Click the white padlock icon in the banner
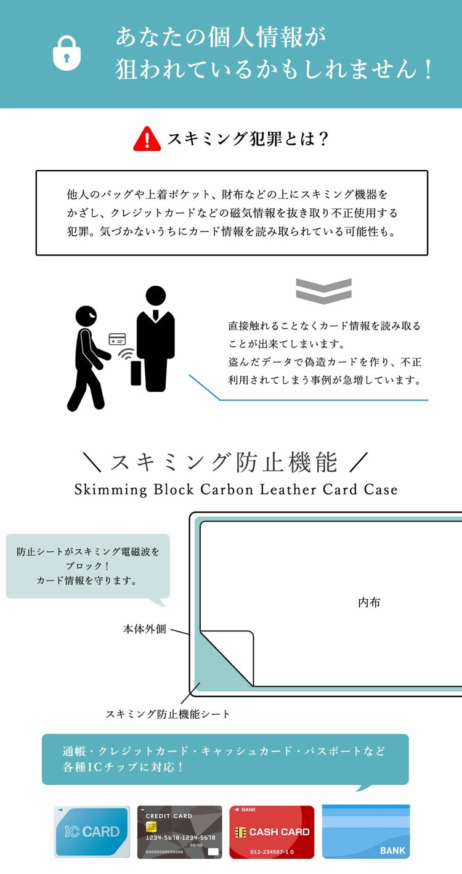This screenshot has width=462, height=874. (67, 53)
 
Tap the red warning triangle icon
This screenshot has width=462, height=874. (147, 139)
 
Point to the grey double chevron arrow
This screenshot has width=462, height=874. (323, 290)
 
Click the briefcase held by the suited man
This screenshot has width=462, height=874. (136, 372)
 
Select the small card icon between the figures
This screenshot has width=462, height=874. (117, 339)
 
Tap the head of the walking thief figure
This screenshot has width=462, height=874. (86, 317)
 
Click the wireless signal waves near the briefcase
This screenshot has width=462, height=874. (127, 355)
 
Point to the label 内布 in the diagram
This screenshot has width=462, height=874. (369, 602)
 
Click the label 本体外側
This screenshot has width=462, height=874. (145, 629)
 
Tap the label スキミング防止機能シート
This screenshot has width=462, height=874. (168, 714)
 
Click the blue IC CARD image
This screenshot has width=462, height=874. (92, 832)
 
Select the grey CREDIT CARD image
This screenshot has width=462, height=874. (179, 832)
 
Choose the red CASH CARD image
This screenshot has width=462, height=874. (272, 832)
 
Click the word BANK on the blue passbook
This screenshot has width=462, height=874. (392, 851)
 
